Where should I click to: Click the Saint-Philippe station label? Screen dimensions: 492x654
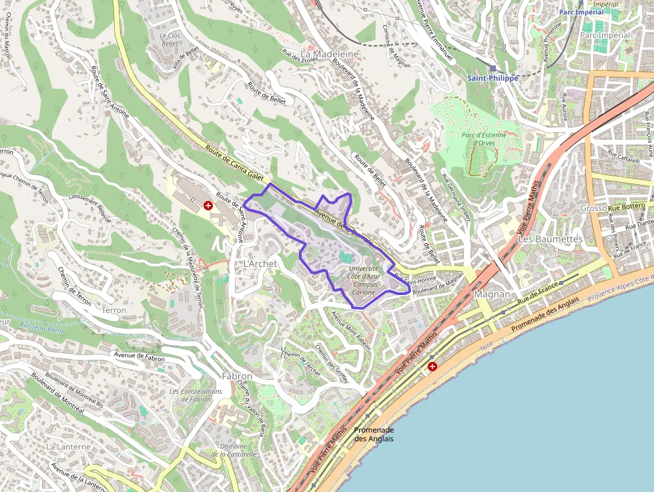pos(493,78)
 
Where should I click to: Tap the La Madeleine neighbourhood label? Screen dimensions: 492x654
pos(330,53)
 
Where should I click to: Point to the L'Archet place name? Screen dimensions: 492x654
pos(260,264)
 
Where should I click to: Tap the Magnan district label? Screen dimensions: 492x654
pos(492,294)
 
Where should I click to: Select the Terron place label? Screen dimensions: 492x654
pos(113,310)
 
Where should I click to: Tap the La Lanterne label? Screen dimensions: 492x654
pos(68,446)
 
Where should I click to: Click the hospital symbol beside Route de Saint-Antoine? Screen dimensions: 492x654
pos(208,206)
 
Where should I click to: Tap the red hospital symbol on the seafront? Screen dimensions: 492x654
pos(432,366)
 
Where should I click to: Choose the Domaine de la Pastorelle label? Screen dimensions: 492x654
pos(234,450)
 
